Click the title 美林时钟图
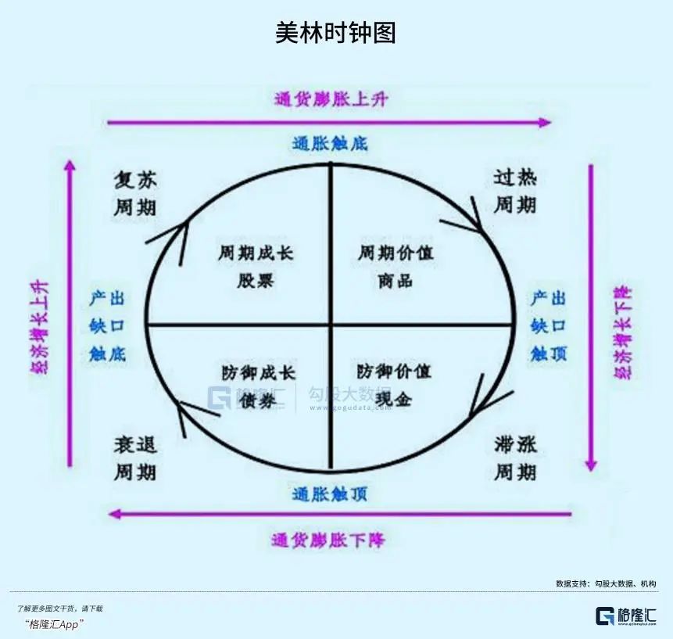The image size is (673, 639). point(335,33)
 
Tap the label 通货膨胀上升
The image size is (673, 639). point(331,99)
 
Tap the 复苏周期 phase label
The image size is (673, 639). point(135,194)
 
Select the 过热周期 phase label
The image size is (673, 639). point(515,192)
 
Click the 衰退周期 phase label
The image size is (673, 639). point(135,459)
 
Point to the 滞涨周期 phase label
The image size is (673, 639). point(515,459)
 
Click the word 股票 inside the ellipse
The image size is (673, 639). point(256,279)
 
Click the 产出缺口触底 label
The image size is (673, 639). point(108,325)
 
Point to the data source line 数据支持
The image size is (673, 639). point(606,583)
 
